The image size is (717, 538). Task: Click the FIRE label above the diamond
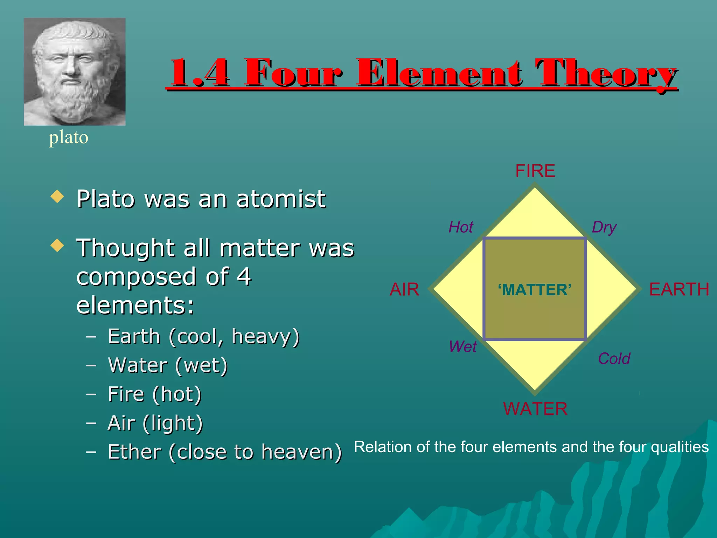(535, 171)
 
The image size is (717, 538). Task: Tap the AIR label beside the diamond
(404, 289)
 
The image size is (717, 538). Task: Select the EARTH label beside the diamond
(679, 289)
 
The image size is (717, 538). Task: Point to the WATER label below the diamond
(535, 409)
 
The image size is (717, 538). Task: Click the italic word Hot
(461, 227)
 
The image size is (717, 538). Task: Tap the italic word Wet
(463, 347)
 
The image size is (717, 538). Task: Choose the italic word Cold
(614, 359)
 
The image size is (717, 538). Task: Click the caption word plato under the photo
(69, 137)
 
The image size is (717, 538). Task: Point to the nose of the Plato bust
(71, 68)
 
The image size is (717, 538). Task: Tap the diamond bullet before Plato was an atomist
(57, 196)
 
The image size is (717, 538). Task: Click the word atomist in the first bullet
(281, 199)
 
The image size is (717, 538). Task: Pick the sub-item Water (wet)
(168, 365)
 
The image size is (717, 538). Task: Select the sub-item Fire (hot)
(154, 394)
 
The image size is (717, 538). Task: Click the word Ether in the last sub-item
(134, 452)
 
